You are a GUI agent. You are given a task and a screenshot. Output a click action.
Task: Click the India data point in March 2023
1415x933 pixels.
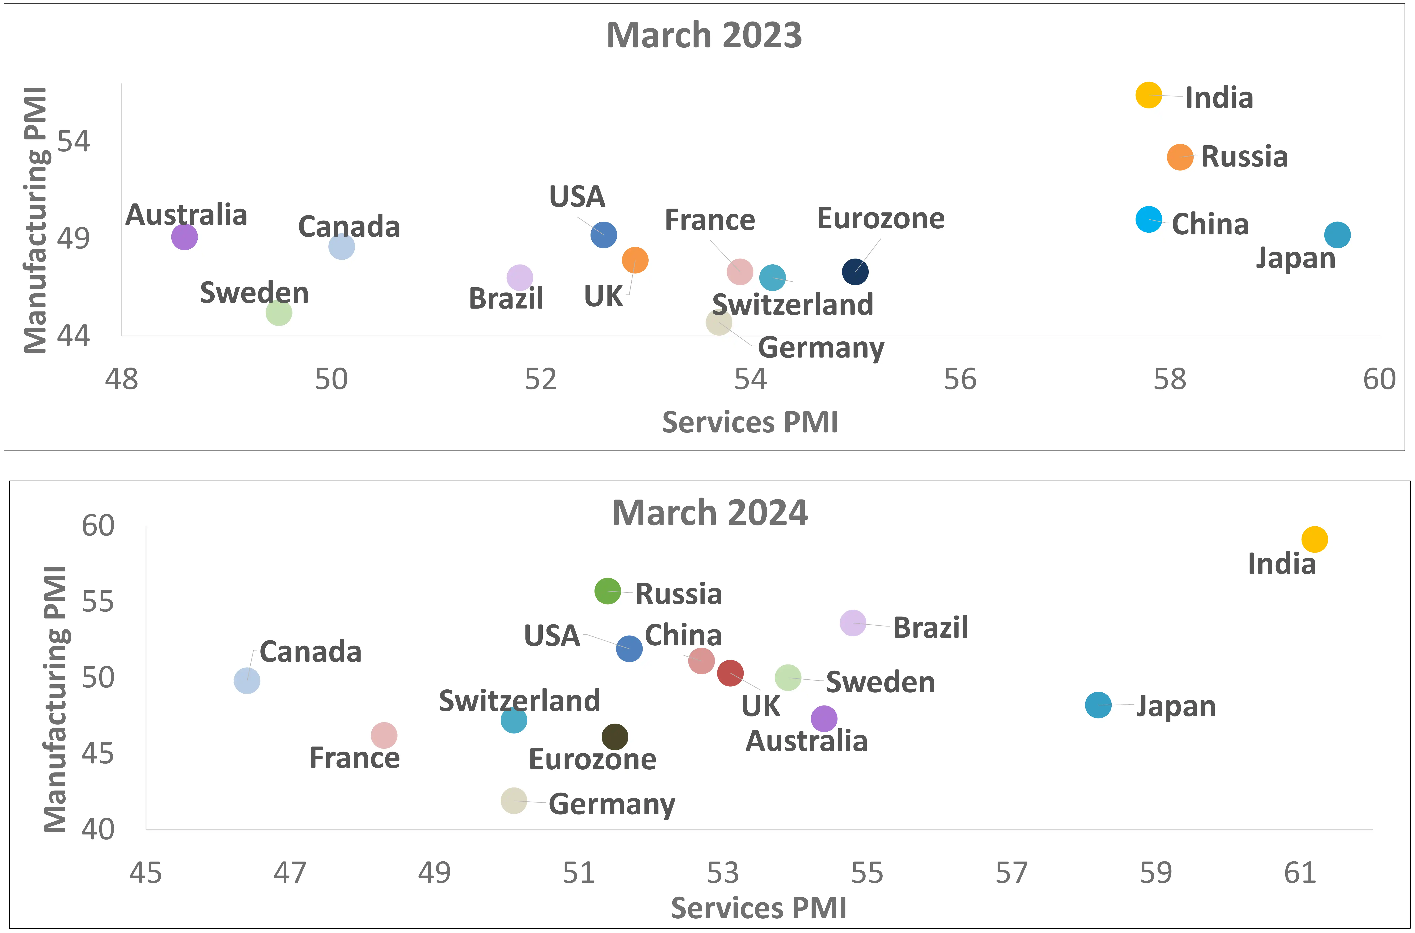[1148, 95]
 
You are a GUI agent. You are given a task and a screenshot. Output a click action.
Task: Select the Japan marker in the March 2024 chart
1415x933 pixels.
[1098, 705]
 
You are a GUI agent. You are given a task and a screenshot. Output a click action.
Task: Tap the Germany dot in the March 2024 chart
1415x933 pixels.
[514, 800]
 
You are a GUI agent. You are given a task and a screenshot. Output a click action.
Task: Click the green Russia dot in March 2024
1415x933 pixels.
[607, 591]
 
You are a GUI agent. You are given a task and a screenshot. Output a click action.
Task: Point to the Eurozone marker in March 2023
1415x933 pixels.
[855, 272]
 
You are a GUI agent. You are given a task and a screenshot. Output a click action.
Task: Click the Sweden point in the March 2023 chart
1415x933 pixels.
[279, 312]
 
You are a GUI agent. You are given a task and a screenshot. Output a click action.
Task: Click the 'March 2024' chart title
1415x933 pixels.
[710, 513]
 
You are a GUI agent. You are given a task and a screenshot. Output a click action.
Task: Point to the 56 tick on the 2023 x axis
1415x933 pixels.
[960, 380]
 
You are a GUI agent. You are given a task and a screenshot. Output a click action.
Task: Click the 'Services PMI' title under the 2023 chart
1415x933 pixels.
[750, 422]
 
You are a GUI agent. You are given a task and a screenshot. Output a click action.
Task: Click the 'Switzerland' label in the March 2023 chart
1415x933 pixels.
[792, 305]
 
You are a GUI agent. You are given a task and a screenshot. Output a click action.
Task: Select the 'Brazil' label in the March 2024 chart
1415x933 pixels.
[930, 628]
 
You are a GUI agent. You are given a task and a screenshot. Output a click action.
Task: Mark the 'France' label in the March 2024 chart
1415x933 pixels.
[355, 758]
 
